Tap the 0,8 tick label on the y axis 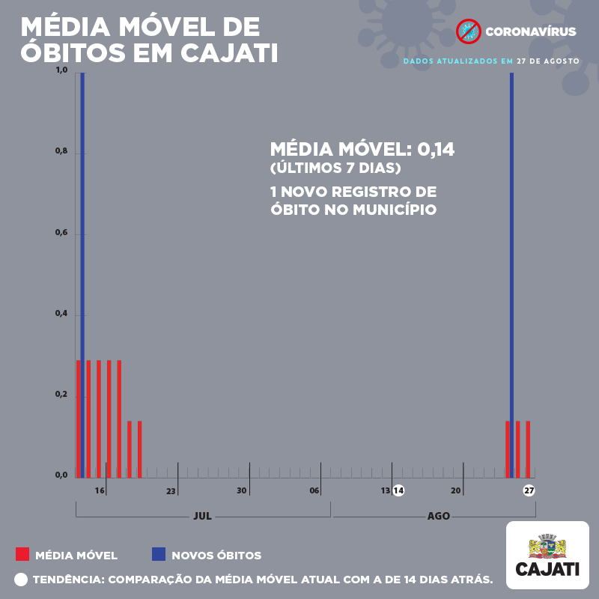[61, 152]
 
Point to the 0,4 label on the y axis [61, 314]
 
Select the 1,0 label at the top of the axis [61, 71]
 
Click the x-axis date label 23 [171, 491]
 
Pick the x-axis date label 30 [242, 490]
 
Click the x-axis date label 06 [314, 490]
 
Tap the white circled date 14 [399, 491]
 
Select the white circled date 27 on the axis [529, 491]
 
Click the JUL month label [202, 516]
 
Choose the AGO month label [439, 516]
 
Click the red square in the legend [22, 555]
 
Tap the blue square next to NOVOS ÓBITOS [158, 555]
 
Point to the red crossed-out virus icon [468, 31]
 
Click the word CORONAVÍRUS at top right [531, 32]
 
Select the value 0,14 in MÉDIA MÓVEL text [436, 149]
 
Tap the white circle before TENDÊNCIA [20, 580]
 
